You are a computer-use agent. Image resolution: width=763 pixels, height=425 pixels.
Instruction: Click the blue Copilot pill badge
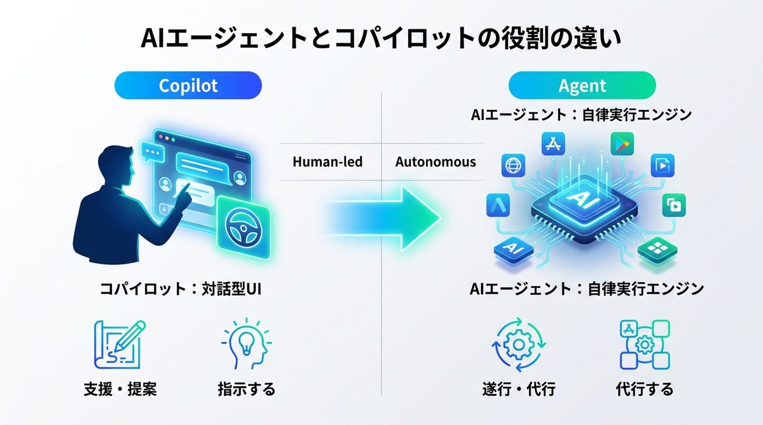tap(188, 85)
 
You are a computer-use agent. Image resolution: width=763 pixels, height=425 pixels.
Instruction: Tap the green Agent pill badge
tap(582, 85)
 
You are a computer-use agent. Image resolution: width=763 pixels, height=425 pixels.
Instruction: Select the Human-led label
tap(327, 162)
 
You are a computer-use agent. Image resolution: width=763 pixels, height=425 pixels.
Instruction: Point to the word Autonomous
tap(436, 162)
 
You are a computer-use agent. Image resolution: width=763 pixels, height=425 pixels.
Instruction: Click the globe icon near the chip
tap(512, 166)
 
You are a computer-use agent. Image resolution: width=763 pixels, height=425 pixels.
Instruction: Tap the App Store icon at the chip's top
tap(550, 144)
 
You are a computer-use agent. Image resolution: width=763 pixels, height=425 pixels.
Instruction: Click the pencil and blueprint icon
tap(120, 345)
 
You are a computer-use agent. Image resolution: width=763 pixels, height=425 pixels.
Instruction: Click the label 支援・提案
tap(120, 388)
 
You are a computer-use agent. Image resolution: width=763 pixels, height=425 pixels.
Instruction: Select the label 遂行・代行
tap(518, 388)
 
